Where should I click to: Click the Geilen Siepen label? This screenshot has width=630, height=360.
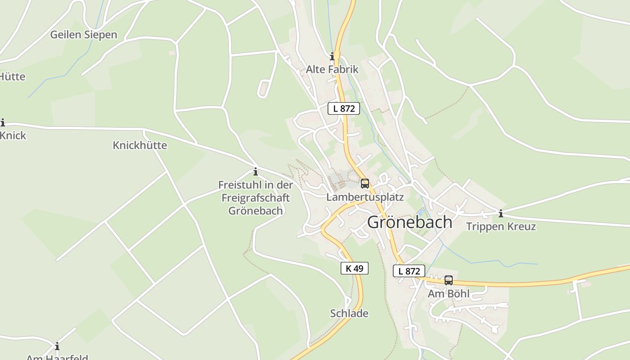[x=83, y=35]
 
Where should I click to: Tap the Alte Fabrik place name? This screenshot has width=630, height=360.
[x=332, y=69]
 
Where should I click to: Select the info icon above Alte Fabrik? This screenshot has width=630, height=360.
[x=333, y=56]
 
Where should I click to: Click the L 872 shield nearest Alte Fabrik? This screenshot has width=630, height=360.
[x=344, y=108]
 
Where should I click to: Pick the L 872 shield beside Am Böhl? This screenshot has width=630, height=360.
[x=409, y=271]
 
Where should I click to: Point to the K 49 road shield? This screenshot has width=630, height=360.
[x=354, y=268]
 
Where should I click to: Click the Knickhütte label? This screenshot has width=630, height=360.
[x=139, y=145]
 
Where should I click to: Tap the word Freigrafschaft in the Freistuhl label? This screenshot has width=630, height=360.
[x=256, y=198]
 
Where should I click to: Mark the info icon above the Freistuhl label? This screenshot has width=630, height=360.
[x=256, y=171]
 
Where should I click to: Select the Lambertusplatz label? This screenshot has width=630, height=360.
[x=365, y=197]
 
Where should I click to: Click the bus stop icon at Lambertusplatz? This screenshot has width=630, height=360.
[x=365, y=184]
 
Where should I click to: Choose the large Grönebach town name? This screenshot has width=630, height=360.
[x=410, y=222]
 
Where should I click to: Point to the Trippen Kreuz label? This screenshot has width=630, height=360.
[x=501, y=226]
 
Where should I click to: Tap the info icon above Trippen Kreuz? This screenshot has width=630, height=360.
[x=501, y=213]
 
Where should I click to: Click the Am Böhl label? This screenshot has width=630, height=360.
[x=448, y=294]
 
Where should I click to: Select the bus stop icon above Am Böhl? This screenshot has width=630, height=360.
[x=449, y=280]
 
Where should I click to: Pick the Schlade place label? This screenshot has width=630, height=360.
[x=349, y=313]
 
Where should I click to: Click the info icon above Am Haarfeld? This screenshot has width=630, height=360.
[x=57, y=346]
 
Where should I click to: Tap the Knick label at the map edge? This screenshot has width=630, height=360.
[x=13, y=135]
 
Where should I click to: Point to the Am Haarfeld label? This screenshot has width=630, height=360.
[x=57, y=357]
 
